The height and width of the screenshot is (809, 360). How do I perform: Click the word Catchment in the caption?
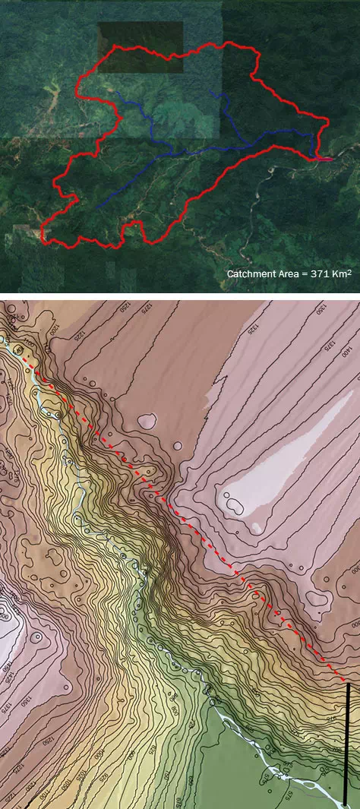pos(252,273)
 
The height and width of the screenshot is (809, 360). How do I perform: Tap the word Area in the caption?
pos(289,273)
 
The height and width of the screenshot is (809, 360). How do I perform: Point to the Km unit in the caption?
pos(339,273)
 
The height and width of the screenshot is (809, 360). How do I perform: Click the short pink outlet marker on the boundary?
pos(324,160)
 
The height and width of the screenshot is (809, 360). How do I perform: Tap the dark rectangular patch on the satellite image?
pos(141,47)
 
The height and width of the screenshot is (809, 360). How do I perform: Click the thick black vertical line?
pos(348,744)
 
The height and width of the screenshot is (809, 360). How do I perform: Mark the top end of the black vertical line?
pos(348,684)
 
